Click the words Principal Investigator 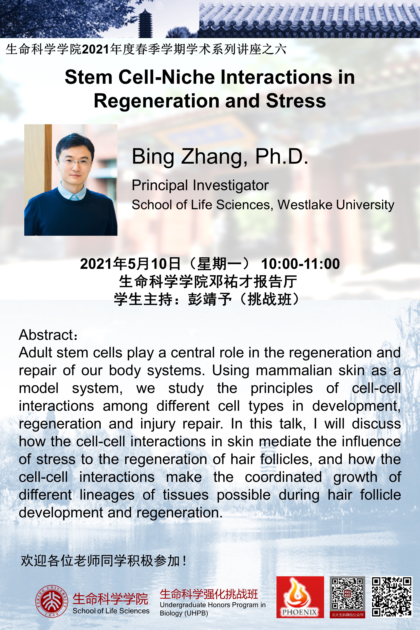200,186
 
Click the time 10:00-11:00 300,264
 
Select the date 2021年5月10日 130,264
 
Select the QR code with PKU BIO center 347,597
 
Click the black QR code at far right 391,597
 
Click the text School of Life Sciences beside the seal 111,611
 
